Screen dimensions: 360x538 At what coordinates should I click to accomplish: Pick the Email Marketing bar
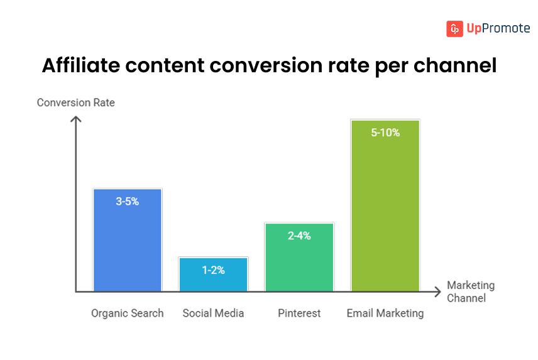(385, 214)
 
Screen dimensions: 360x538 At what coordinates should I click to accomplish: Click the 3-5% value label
(127, 202)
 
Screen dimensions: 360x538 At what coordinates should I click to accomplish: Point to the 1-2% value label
(213, 270)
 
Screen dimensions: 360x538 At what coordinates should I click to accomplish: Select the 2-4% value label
(299, 236)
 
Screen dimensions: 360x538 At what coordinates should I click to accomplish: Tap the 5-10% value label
(385, 133)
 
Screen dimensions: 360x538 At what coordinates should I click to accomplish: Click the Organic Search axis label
(127, 313)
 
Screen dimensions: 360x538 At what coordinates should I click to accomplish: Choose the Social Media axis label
(213, 313)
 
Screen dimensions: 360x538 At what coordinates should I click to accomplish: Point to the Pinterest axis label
(299, 313)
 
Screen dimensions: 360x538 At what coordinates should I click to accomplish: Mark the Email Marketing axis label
(385, 313)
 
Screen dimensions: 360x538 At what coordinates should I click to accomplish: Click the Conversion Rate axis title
(76, 102)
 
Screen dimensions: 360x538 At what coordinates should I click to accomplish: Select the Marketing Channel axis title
(470, 292)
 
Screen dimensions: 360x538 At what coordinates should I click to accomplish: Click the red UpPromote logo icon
(454, 29)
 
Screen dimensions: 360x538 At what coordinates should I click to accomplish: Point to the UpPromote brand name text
(498, 29)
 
